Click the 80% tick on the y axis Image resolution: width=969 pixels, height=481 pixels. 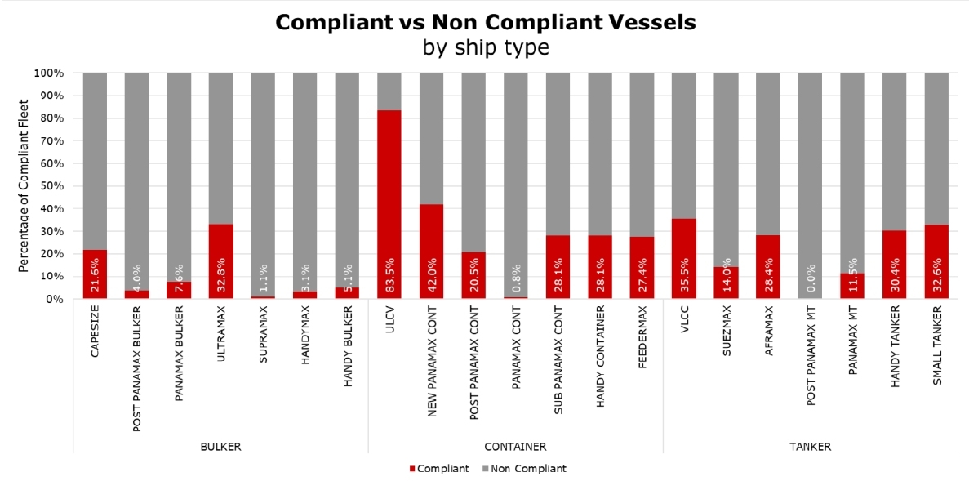50,118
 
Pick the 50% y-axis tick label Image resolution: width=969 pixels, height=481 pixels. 50,186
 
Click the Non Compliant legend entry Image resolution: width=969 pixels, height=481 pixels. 524,469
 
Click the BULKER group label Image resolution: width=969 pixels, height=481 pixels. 220,447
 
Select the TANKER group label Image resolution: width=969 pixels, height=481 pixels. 811,447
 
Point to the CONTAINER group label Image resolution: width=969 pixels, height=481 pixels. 515,447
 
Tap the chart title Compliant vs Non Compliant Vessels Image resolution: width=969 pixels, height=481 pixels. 485,22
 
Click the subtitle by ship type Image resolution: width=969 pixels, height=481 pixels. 485,47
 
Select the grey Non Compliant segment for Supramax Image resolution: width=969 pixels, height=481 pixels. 263,180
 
